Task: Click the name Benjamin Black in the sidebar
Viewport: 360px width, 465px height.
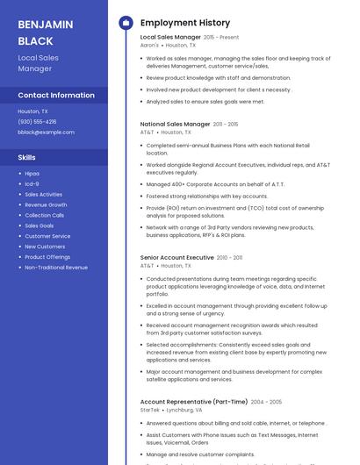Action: click(35, 32)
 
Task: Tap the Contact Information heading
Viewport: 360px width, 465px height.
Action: click(55, 95)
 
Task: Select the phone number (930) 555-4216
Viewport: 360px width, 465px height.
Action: click(37, 121)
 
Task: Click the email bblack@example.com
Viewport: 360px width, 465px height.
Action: click(46, 132)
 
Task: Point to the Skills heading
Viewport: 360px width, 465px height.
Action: click(27, 157)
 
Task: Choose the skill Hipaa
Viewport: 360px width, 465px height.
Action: click(32, 174)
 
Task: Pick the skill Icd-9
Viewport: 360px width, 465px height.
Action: click(32, 184)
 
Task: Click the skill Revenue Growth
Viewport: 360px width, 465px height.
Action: click(46, 204)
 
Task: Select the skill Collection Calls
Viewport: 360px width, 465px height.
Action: click(44, 215)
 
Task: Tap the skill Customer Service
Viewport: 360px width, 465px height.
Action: click(47, 236)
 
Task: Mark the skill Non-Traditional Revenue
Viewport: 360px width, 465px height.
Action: click(56, 267)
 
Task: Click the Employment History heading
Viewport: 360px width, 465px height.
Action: click(185, 23)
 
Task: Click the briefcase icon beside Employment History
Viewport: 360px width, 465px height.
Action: click(125, 23)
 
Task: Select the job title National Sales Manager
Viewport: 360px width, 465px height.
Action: click(176, 125)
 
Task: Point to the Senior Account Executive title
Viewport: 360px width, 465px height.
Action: click(177, 258)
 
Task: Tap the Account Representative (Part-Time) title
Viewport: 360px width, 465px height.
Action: click(193, 402)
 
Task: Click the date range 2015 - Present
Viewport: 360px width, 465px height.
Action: click(221, 38)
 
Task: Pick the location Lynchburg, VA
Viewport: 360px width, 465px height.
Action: click(184, 410)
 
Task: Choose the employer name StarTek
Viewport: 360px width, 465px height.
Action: click(150, 410)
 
